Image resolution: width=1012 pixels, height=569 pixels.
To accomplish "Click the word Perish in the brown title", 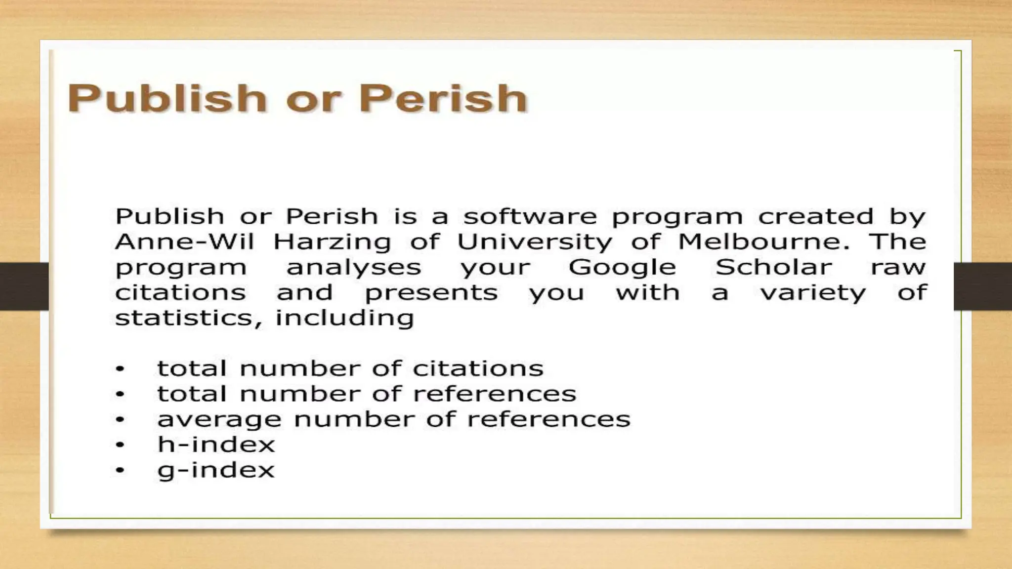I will pyautogui.click(x=443, y=98).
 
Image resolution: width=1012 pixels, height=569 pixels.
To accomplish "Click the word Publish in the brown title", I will pyautogui.click(x=167, y=98).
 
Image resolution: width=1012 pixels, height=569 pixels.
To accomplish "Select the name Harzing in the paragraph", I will pyautogui.click(x=332, y=243).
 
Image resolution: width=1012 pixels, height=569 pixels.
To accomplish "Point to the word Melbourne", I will pyautogui.click(x=763, y=242).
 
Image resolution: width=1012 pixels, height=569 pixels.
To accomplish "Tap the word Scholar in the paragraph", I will pyautogui.click(x=773, y=267).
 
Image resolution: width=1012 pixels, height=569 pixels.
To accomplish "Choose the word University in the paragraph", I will pyautogui.click(x=534, y=243).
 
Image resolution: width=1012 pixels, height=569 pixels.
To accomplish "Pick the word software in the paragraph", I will pyautogui.click(x=529, y=216).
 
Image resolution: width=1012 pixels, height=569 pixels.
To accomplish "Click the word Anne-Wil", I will pyautogui.click(x=184, y=242).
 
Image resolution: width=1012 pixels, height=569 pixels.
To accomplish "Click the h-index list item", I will pyautogui.click(x=216, y=444).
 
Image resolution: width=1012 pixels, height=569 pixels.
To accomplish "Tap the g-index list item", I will pyautogui.click(x=216, y=470).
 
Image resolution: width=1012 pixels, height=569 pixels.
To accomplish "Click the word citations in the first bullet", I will pyautogui.click(x=478, y=368).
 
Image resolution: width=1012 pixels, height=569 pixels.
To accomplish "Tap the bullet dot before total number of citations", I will pyautogui.click(x=120, y=368).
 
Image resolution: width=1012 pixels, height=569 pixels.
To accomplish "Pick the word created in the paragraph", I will pyautogui.click(x=816, y=216).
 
